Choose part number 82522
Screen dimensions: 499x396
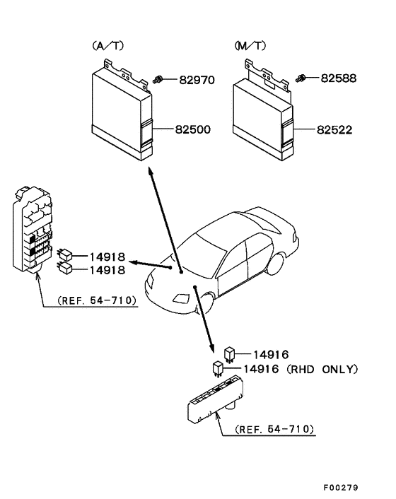click(334, 130)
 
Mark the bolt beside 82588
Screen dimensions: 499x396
click(301, 77)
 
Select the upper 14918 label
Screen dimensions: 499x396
click(107, 256)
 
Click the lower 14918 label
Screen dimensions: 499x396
click(107, 269)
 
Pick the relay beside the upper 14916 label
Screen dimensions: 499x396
click(230, 353)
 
